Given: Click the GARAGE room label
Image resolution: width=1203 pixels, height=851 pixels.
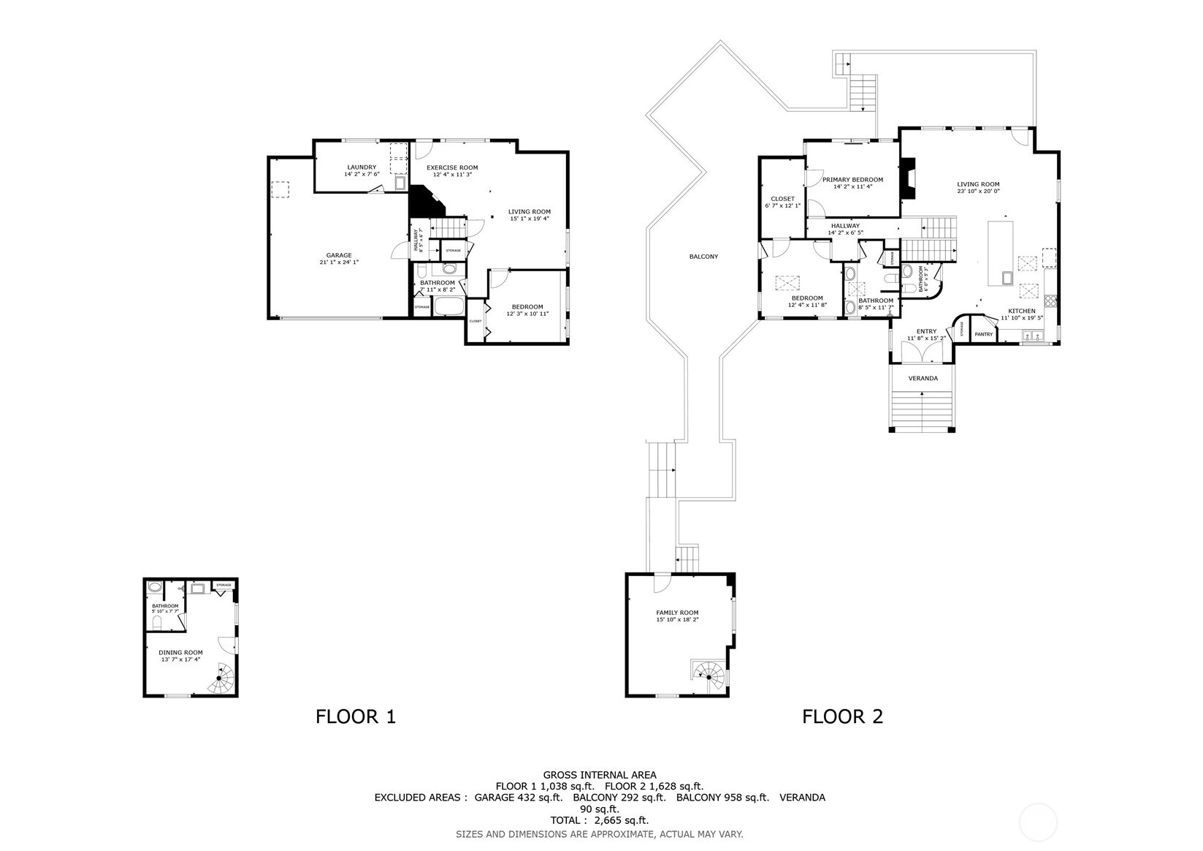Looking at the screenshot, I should (x=338, y=255).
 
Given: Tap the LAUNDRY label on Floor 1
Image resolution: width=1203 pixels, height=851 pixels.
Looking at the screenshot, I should (x=362, y=167).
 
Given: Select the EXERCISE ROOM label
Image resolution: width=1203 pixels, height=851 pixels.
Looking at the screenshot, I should (x=452, y=168).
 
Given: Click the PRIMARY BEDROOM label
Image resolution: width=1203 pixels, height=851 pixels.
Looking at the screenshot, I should (x=852, y=180).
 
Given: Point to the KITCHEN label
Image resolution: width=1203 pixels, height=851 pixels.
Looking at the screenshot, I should (x=1021, y=311).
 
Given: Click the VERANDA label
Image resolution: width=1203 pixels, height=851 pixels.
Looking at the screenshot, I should (x=923, y=379).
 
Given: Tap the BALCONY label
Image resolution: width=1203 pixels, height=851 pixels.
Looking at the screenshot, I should (x=703, y=257).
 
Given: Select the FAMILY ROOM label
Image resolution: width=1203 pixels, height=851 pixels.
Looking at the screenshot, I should (x=677, y=613).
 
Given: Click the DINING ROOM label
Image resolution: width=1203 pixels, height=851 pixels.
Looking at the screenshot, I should (x=182, y=652).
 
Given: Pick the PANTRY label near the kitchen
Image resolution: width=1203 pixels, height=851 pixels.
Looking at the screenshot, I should (x=983, y=334).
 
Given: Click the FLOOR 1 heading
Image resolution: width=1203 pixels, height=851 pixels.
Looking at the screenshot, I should (x=355, y=716).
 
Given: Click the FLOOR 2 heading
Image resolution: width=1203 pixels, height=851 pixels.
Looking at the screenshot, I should (x=842, y=716).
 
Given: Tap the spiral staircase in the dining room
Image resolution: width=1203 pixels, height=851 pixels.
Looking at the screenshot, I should (x=221, y=679).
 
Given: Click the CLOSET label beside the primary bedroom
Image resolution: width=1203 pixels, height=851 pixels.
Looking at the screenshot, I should (x=782, y=199).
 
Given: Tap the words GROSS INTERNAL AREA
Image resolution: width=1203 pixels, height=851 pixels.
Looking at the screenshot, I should (x=599, y=775).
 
